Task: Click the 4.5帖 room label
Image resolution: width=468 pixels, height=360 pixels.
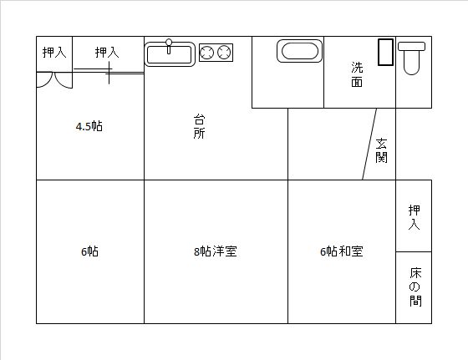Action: pyautogui.click(x=89, y=126)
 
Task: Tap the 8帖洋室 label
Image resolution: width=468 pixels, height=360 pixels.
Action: pyautogui.click(x=216, y=251)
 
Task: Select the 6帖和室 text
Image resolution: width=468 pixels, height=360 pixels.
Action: pyautogui.click(x=342, y=251)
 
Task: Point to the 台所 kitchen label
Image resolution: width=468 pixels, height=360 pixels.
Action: pyautogui.click(x=199, y=126)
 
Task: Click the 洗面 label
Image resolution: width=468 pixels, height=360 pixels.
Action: pyautogui.click(x=357, y=74)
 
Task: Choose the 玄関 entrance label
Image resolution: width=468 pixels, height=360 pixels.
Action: pyautogui.click(x=381, y=150)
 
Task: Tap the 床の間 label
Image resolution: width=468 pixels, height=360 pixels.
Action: pyautogui.click(x=415, y=287)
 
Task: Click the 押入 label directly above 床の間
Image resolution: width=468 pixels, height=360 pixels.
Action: pyautogui.click(x=414, y=217)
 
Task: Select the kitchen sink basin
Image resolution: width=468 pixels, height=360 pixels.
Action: pyautogui.click(x=169, y=54)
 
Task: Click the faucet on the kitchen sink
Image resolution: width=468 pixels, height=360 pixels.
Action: pyautogui.click(x=169, y=46)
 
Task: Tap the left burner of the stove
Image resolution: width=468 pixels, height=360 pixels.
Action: pyautogui.click(x=206, y=53)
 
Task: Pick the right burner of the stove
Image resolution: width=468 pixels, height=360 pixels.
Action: pyautogui.click(x=224, y=53)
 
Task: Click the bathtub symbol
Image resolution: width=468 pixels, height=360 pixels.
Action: pyautogui.click(x=300, y=51)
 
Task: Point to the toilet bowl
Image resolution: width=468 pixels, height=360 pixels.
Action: pyautogui.click(x=411, y=63)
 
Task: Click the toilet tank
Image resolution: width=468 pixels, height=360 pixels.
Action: pyautogui.click(x=411, y=46)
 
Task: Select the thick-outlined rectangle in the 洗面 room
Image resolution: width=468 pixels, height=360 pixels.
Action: pyautogui.click(x=385, y=52)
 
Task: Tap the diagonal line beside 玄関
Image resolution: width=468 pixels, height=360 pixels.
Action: pyautogui.click(x=369, y=144)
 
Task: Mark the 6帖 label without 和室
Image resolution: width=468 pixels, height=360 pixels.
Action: pyautogui.click(x=89, y=251)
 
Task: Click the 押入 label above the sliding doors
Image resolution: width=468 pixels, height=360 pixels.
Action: pyautogui.click(x=107, y=53)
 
